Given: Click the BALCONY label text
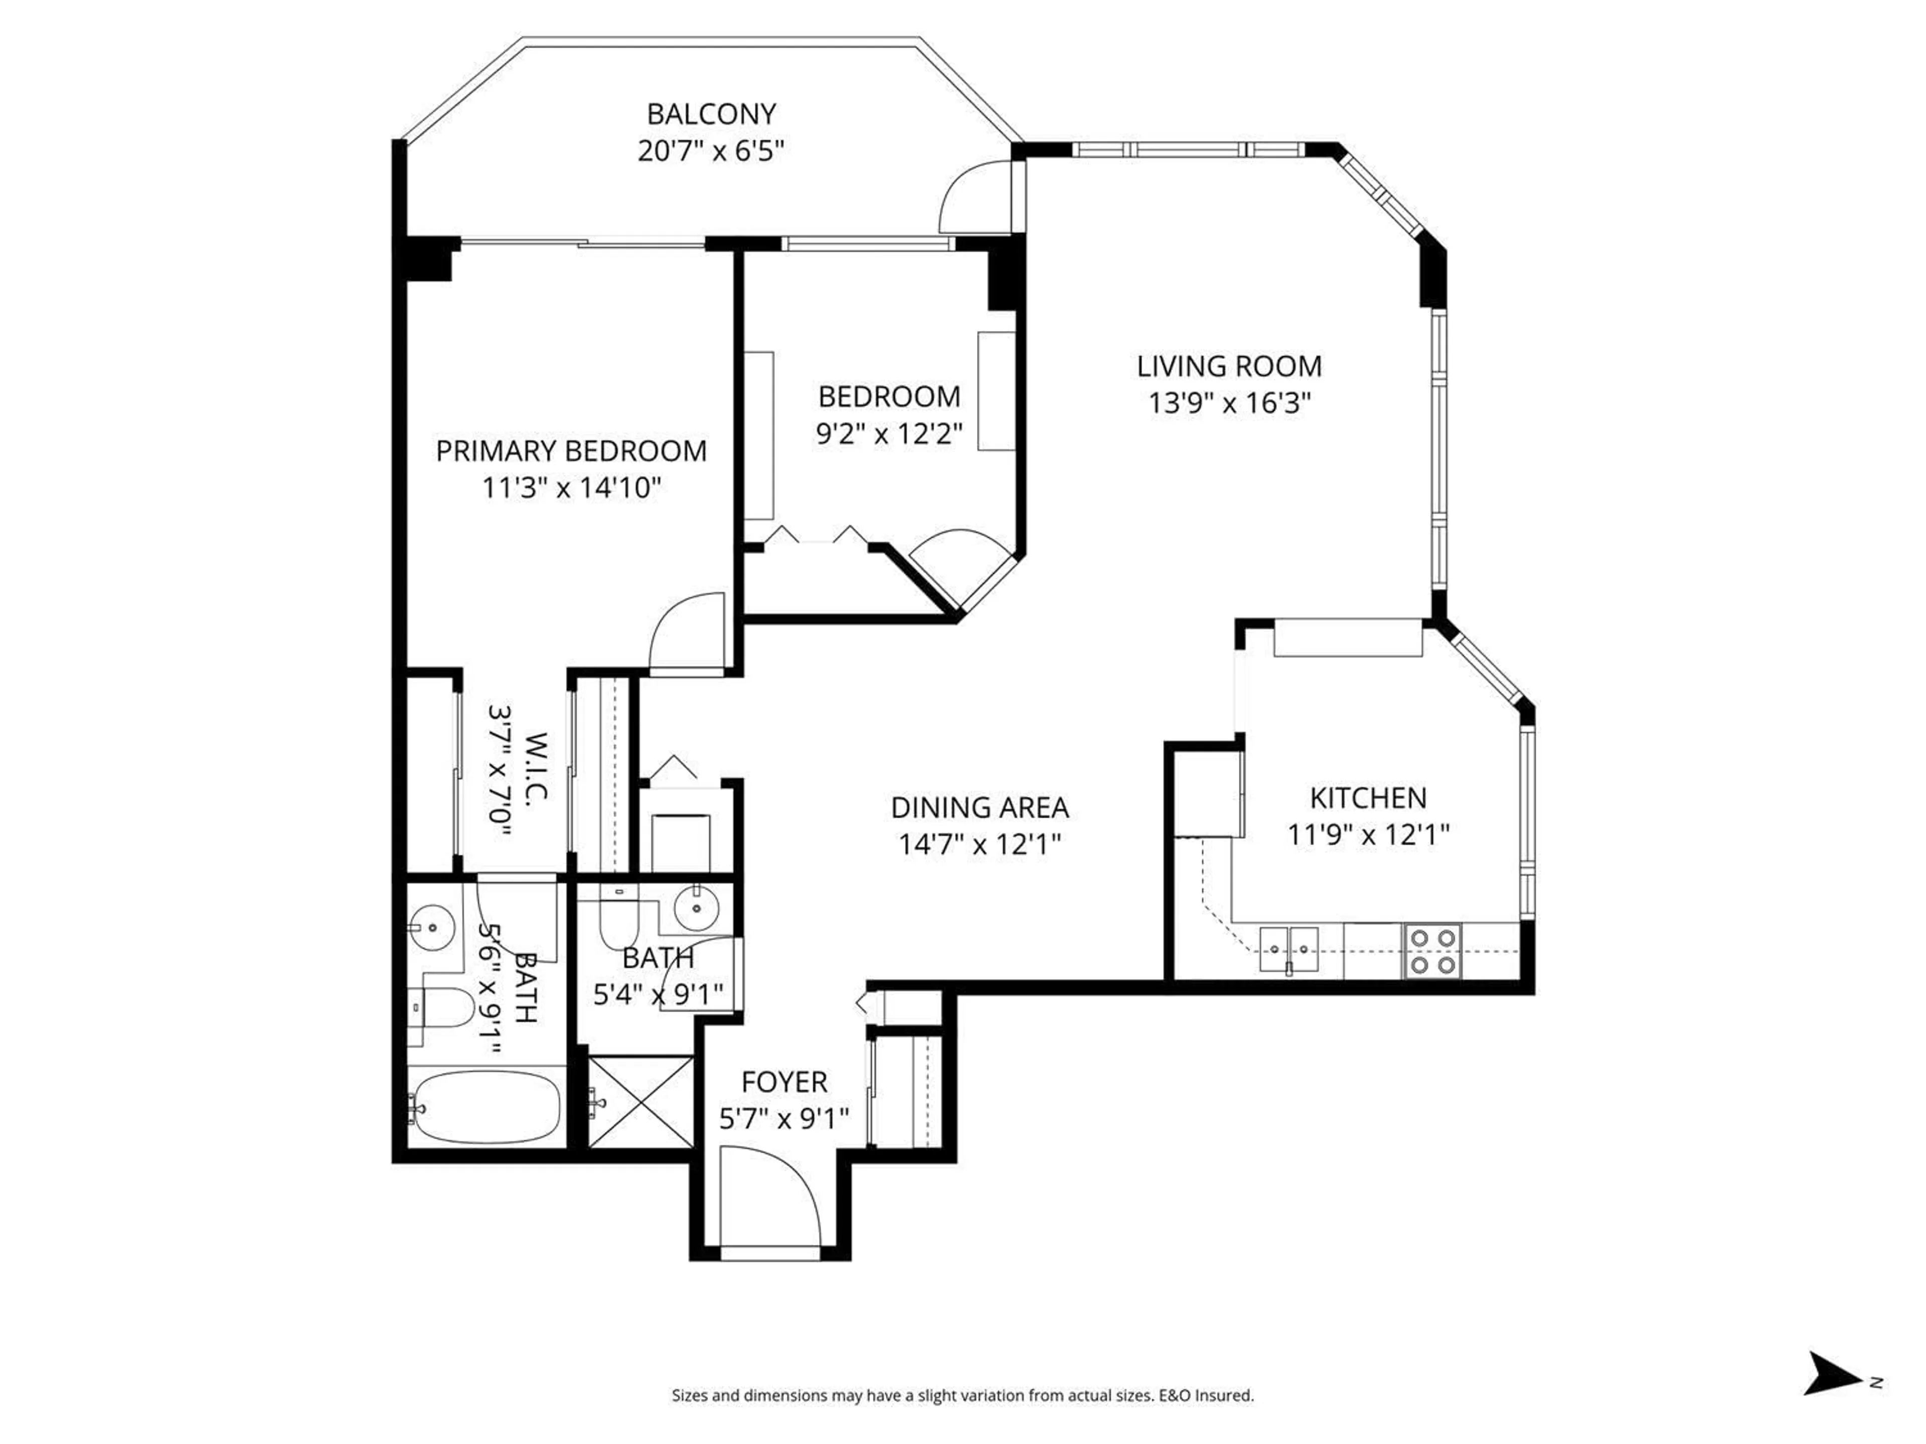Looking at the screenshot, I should (x=711, y=114).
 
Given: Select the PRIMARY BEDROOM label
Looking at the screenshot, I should (x=571, y=451).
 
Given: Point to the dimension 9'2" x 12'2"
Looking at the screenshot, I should (x=889, y=434).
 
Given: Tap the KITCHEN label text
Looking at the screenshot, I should (x=1368, y=798).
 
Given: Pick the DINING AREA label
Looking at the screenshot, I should (x=980, y=808).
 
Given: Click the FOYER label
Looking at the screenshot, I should (x=783, y=1082).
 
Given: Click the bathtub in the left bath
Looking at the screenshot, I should (x=485, y=1107).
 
